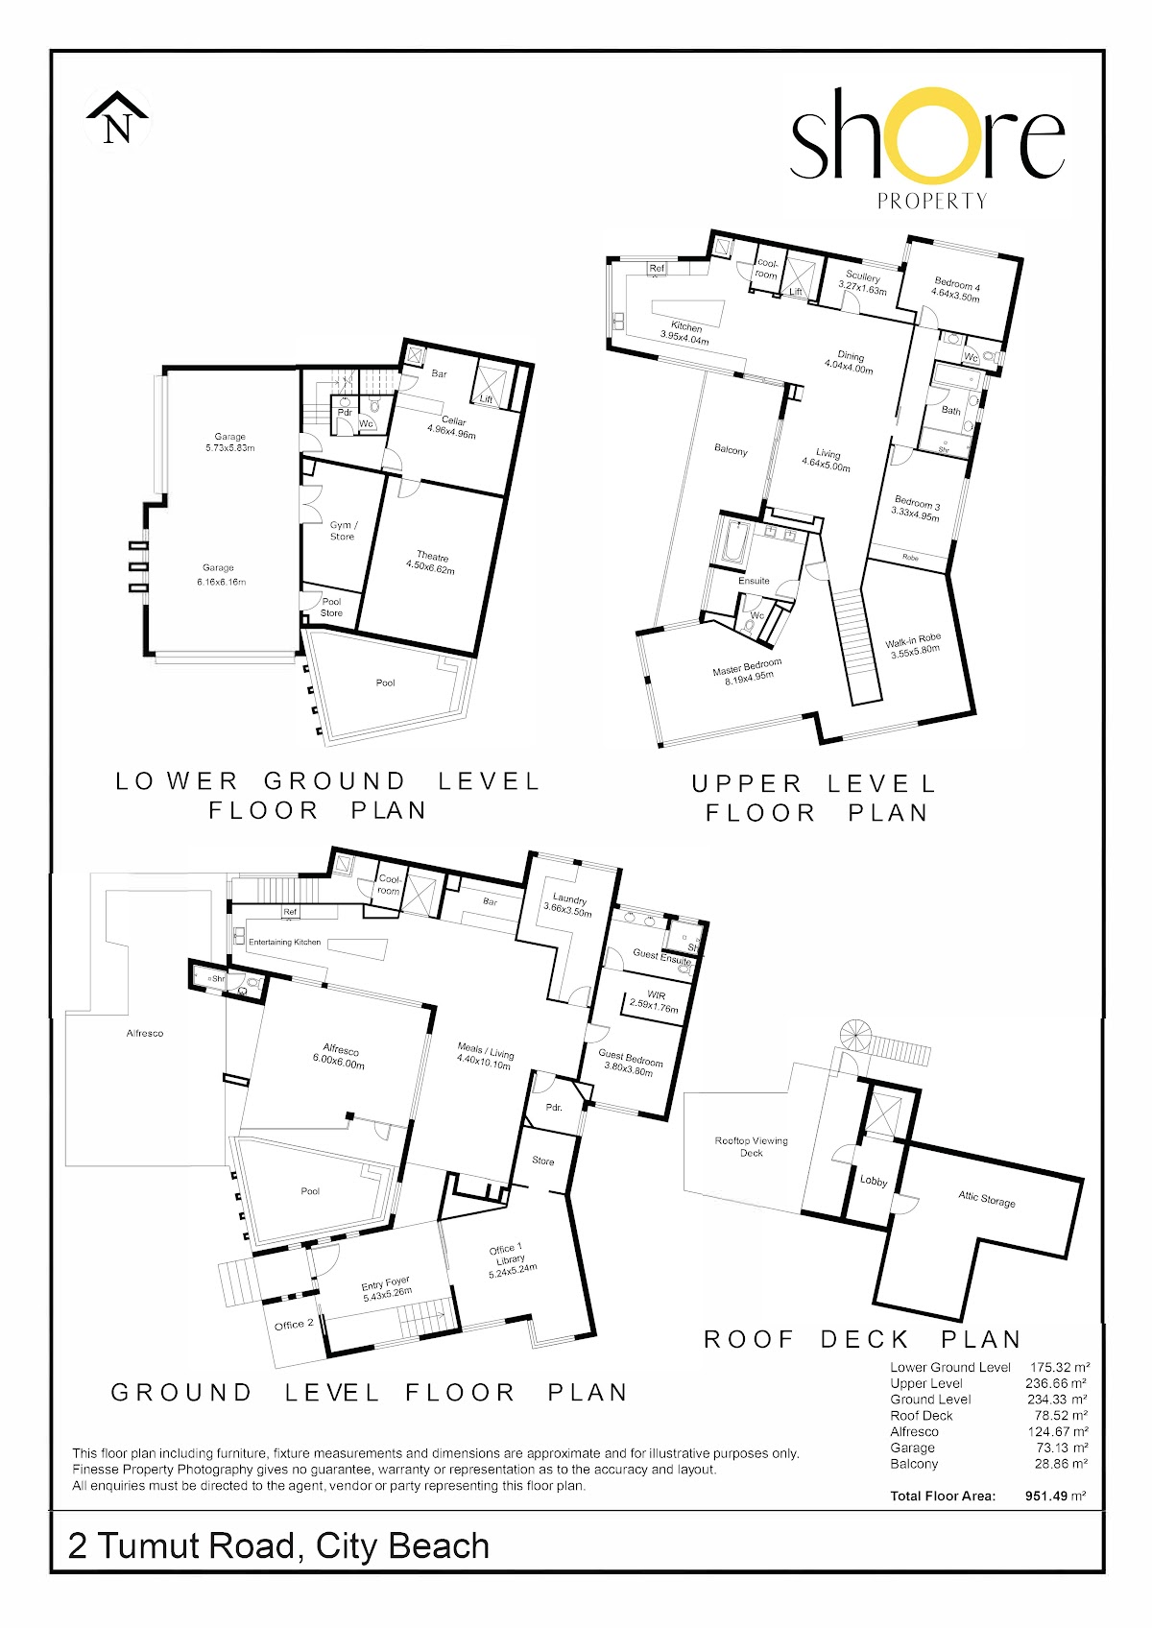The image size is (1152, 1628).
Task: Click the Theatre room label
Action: pyautogui.click(x=431, y=563)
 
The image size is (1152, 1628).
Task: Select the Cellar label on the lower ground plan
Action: pyautogui.click(x=452, y=427)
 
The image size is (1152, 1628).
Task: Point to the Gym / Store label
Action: pyautogui.click(x=343, y=531)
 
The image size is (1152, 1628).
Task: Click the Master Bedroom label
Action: pyautogui.click(x=749, y=671)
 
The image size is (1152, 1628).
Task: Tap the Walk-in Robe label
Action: pyautogui.click(x=914, y=645)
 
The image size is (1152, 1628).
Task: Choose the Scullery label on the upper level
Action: pyautogui.click(x=863, y=283)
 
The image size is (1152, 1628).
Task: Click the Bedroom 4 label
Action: pyautogui.click(x=956, y=291)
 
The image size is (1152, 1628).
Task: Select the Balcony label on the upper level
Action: pyautogui.click(x=731, y=450)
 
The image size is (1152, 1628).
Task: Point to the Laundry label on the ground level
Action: pyautogui.click(x=568, y=905)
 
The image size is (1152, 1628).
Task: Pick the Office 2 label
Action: pyautogui.click(x=295, y=1325)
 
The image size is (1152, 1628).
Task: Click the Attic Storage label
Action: pyautogui.click(x=986, y=1199)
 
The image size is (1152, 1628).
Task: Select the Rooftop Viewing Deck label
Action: pyautogui.click(x=752, y=1146)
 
